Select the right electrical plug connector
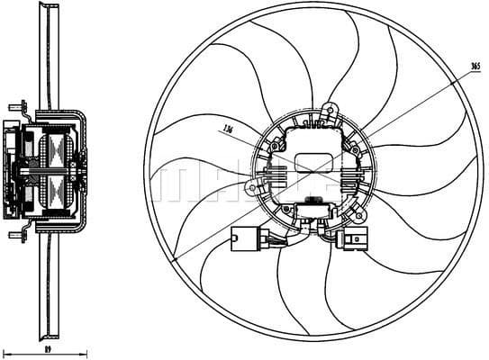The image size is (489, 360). tap(351, 241)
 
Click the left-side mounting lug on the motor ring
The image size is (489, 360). tap(249, 188)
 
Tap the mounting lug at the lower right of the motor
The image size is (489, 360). tap(361, 218)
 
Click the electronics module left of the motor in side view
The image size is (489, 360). tap(13, 171)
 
